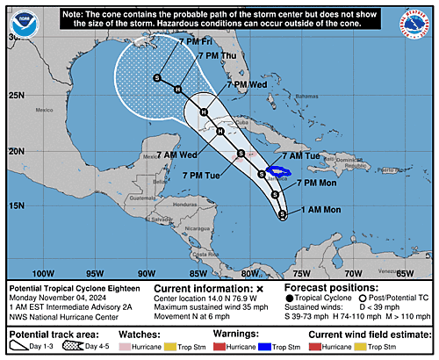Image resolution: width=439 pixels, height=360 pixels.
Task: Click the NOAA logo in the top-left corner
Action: click(x=19, y=19)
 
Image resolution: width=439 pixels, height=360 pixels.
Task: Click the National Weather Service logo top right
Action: click(x=419, y=20)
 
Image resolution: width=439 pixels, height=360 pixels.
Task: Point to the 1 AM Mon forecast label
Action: click(x=317, y=210)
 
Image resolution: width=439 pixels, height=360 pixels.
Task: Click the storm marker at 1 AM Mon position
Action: click(x=282, y=213)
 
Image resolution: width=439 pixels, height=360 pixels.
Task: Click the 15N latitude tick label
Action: click(x=15, y=205)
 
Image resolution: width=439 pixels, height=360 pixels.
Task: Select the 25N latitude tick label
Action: click(x=15, y=95)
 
